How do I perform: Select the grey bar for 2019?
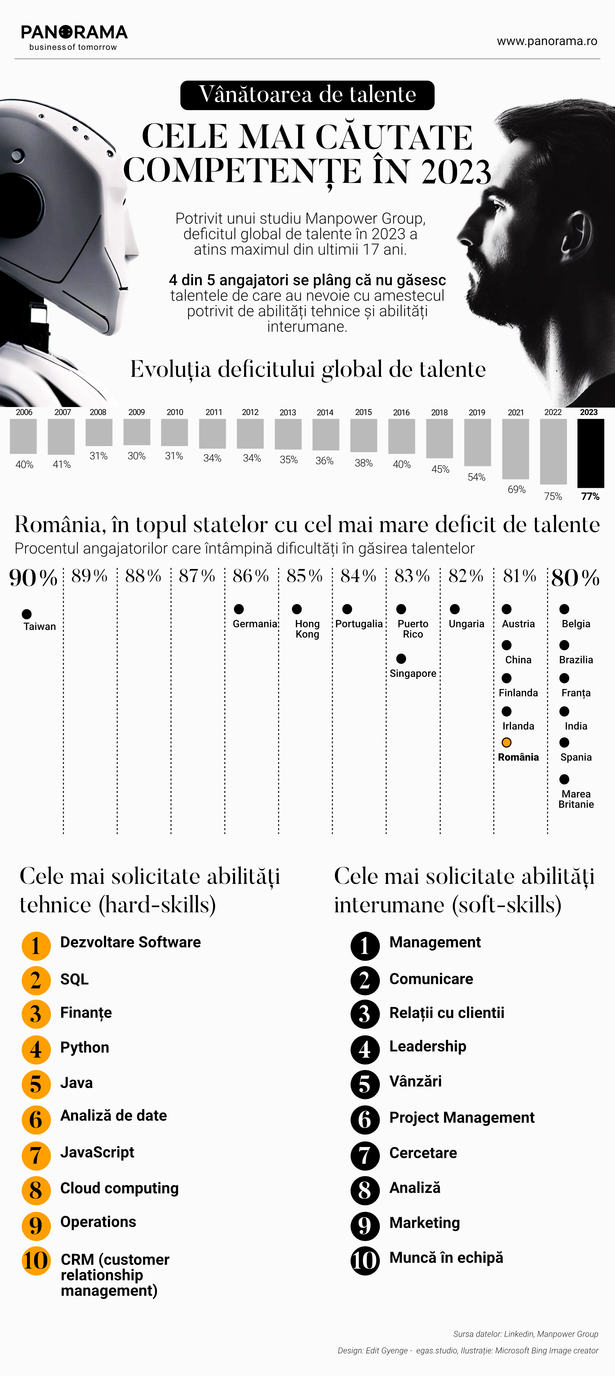(x=477, y=442)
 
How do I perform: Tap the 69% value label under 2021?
(x=516, y=489)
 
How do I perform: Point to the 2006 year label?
(x=24, y=412)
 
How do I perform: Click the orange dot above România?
(x=506, y=742)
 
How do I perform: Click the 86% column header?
(x=251, y=576)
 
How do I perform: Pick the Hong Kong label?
(x=307, y=629)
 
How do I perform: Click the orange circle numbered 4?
(x=36, y=1050)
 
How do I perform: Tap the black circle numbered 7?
(x=365, y=1155)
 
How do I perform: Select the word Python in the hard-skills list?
(x=85, y=1047)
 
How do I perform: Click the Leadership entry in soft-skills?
(x=427, y=1046)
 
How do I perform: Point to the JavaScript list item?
(x=97, y=1152)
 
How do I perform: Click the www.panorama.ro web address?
(x=547, y=41)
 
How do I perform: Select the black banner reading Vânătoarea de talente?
(x=307, y=95)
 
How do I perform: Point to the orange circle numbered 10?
(x=36, y=1261)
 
